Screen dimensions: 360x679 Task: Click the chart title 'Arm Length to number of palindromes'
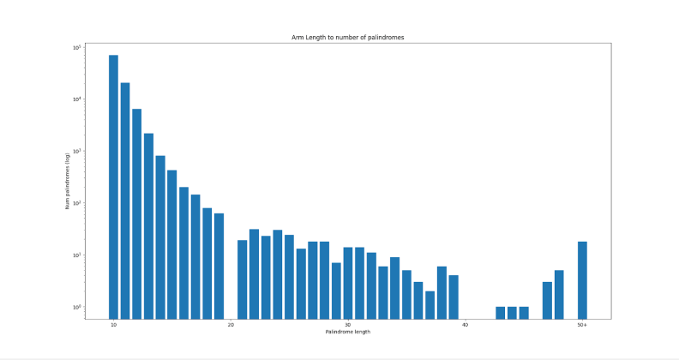(x=348, y=38)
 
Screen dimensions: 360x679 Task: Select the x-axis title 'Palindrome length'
(x=348, y=332)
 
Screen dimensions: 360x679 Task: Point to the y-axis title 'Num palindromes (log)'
(x=67, y=181)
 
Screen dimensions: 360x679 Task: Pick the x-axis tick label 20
(x=231, y=325)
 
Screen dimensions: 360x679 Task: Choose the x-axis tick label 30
(x=348, y=325)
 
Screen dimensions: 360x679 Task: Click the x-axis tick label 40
(x=465, y=325)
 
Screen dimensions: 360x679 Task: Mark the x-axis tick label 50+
(x=582, y=325)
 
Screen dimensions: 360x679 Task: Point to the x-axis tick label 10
(x=113, y=325)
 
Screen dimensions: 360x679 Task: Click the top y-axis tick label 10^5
(x=76, y=47)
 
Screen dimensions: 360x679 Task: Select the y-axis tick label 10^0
(x=76, y=307)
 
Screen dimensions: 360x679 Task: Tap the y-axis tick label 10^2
(x=76, y=203)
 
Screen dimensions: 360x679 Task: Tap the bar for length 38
(x=442, y=292)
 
